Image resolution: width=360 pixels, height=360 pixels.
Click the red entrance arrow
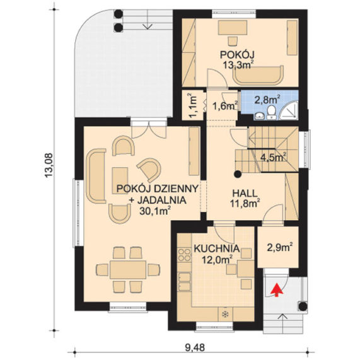click(x=276, y=290)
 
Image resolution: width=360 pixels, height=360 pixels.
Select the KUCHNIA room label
click(x=217, y=248)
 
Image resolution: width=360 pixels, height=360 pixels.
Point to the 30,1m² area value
click(x=155, y=211)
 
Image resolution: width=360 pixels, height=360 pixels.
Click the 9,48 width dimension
click(x=195, y=347)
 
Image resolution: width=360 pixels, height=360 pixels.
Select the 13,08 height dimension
click(x=49, y=166)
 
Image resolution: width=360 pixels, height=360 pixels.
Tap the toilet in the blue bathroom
click(x=271, y=113)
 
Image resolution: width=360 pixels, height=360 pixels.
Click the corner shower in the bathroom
click(x=289, y=111)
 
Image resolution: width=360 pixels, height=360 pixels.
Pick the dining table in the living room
click(x=128, y=270)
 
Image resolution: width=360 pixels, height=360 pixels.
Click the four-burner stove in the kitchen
click(x=184, y=255)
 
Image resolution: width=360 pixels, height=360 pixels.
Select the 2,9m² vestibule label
click(x=280, y=248)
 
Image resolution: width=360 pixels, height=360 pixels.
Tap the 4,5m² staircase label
click(x=273, y=158)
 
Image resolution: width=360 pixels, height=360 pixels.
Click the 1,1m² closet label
click(x=192, y=106)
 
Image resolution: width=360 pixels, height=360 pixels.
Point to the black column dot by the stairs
click(x=238, y=175)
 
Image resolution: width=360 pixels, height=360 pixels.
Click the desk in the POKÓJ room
click(x=233, y=28)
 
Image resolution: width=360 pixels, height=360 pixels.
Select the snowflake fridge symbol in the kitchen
click(x=225, y=315)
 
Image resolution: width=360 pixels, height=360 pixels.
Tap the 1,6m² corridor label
click(x=225, y=106)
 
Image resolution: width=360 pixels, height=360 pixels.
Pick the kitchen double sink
click(x=184, y=281)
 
